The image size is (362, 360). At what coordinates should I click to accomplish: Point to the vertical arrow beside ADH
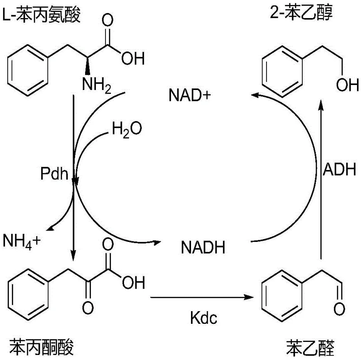tap(322, 181)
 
